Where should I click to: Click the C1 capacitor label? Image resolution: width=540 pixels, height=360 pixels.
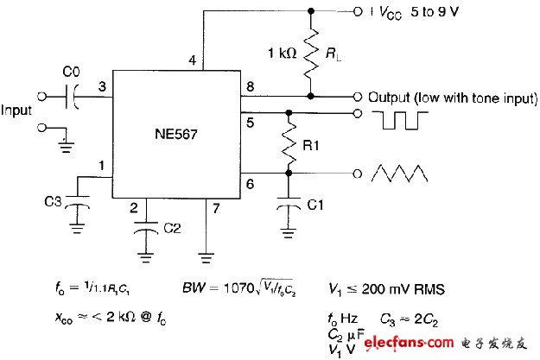pos(316,205)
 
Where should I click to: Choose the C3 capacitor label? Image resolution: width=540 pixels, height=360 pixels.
pos(54,201)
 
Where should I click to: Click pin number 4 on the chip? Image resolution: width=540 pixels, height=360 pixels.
pos(193,60)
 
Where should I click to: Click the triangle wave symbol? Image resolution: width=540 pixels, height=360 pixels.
pos(400,174)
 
